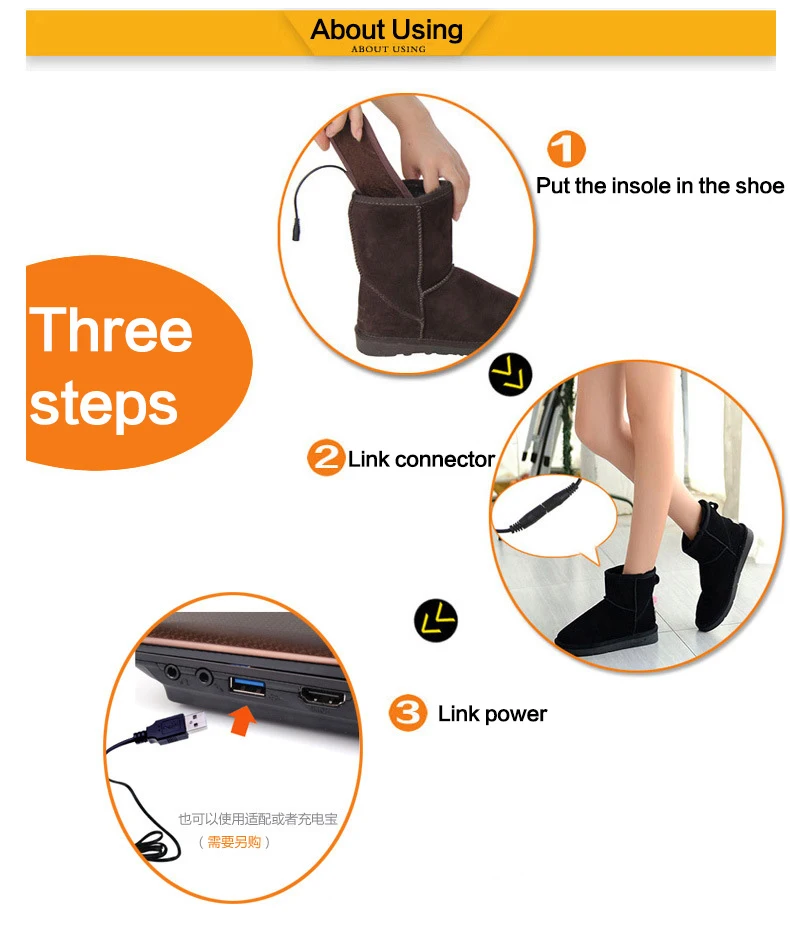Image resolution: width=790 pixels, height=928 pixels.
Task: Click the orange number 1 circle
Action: pyautogui.click(x=566, y=149)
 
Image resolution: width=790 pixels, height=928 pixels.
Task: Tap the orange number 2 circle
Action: pyautogui.click(x=325, y=457)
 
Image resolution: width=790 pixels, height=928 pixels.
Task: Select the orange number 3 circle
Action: pyautogui.click(x=408, y=713)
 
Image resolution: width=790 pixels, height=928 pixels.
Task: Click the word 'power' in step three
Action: pyautogui.click(x=516, y=715)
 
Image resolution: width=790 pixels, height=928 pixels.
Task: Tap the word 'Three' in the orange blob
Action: pyautogui.click(x=111, y=330)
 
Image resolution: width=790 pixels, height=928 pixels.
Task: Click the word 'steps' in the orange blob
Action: pyautogui.click(x=104, y=404)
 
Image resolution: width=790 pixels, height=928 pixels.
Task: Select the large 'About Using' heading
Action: pyautogui.click(x=387, y=30)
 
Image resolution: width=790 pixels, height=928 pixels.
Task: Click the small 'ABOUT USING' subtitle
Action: pyautogui.click(x=388, y=49)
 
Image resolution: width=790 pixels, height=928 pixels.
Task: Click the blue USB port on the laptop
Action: pyautogui.click(x=247, y=687)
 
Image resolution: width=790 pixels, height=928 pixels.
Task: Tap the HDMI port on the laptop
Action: pyautogui.click(x=323, y=697)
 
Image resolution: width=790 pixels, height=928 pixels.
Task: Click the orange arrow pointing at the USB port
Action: pyautogui.click(x=242, y=721)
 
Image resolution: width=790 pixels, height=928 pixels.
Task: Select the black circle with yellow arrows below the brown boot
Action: pyautogui.click(x=511, y=374)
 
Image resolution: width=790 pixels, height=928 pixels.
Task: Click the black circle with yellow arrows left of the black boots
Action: pyautogui.click(x=436, y=620)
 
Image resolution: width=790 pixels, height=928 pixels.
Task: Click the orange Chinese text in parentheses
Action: pyautogui.click(x=234, y=842)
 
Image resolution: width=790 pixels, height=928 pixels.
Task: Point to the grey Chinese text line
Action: pyautogui.click(x=258, y=819)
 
